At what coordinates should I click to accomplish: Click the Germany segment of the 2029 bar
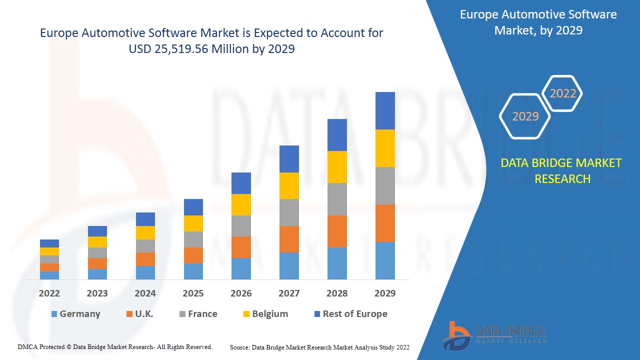[x=385, y=260]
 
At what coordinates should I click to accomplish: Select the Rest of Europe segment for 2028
[x=337, y=135]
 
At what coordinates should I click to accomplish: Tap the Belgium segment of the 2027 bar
[x=289, y=185]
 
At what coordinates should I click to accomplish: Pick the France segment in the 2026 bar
[x=241, y=226]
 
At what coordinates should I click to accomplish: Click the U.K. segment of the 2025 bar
[x=193, y=255]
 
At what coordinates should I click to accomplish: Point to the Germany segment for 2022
[x=49, y=275]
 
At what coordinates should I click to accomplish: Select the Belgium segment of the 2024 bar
[x=145, y=232]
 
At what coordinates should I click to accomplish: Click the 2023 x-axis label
[x=97, y=293]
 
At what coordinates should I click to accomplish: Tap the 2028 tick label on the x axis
[x=337, y=293]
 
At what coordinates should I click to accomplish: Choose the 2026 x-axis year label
[x=241, y=293]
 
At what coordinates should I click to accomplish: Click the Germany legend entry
[x=75, y=314]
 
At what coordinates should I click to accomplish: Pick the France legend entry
[x=198, y=314]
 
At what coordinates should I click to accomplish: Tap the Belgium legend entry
[x=265, y=314]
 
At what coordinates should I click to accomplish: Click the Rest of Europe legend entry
[x=350, y=314]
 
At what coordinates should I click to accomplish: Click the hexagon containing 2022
[x=563, y=93]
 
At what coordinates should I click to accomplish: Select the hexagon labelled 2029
[x=525, y=116]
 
